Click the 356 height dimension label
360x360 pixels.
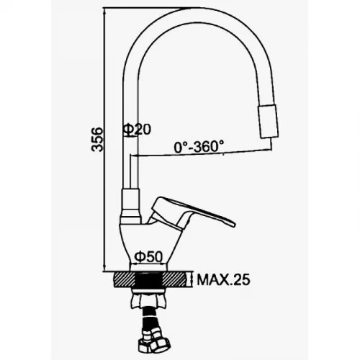tap(97, 140)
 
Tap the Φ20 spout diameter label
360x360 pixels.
tap(137, 130)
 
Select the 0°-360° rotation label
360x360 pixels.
tap(199, 146)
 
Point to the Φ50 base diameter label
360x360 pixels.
tap(148, 257)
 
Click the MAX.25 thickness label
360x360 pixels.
tap(223, 280)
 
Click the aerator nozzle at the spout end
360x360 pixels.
tap(268, 122)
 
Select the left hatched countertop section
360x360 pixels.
tap(125, 279)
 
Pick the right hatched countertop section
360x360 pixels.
tap(174, 279)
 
